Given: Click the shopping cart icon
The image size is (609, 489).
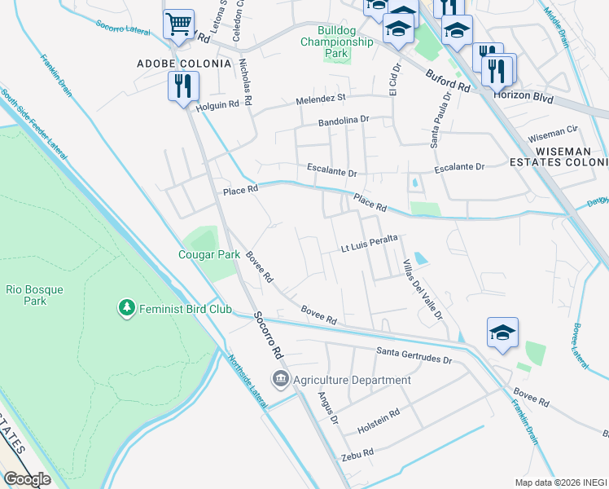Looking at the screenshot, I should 178,23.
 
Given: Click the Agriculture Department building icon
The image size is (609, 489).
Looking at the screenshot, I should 281,379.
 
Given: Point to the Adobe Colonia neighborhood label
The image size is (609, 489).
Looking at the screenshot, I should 184,63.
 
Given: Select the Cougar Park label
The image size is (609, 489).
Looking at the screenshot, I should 209,254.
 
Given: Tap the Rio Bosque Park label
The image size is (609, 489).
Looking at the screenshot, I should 34,295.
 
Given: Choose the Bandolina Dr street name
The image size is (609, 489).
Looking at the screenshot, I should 344,120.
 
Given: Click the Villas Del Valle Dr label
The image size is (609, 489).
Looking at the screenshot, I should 422,289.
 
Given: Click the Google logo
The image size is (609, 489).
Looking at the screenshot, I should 27,479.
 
